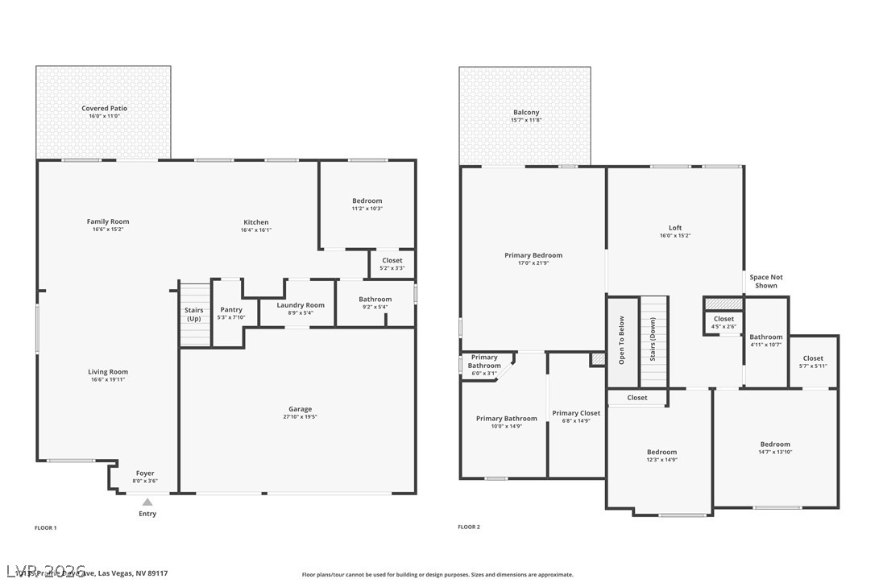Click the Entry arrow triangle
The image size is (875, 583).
147,502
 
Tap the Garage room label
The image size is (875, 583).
300,409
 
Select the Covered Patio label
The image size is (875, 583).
104,108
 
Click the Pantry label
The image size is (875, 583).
231,309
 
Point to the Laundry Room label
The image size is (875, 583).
301,305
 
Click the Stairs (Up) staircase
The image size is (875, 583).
194,314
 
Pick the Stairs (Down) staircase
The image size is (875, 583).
653,341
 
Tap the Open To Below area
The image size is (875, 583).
622,341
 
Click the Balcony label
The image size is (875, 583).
526,112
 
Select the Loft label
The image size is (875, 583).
675,228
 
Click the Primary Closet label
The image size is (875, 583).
576,413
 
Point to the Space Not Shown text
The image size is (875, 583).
765,281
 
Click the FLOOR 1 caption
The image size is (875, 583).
46,527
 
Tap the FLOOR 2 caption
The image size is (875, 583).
469,527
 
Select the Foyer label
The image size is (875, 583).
145,473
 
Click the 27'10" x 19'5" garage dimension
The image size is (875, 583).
300,417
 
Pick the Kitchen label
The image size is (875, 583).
256,222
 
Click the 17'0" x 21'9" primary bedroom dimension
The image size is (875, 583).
533,263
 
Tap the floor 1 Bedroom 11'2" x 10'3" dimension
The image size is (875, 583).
367,209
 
